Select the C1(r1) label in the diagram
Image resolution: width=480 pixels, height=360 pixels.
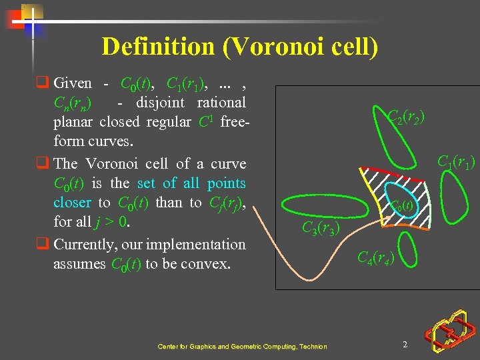(x=456, y=162)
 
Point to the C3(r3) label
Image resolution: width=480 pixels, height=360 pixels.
(x=321, y=229)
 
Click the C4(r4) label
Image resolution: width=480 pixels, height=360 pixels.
(x=376, y=257)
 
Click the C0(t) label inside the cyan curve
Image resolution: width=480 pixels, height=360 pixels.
(x=403, y=206)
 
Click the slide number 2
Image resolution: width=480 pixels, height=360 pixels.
(x=405, y=344)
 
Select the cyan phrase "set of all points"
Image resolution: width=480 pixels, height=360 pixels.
(x=191, y=183)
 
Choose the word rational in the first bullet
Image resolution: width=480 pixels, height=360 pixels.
(x=221, y=103)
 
